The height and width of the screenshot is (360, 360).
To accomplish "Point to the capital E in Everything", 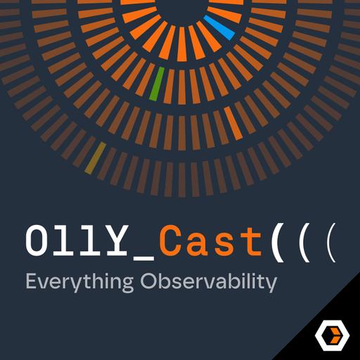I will [x=30, y=281].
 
